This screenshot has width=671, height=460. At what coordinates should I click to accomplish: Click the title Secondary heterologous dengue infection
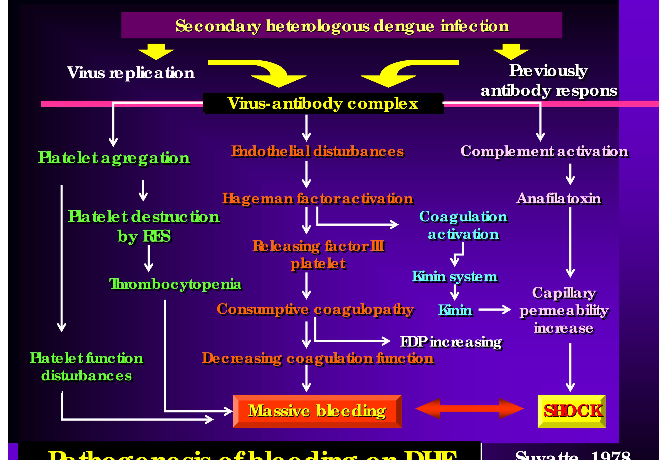pos(342,26)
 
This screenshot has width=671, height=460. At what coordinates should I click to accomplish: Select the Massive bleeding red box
pos(317,411)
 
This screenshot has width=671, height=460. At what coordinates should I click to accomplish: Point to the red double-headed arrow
pos(469,409)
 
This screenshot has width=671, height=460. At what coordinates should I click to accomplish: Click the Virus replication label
pos(131,73)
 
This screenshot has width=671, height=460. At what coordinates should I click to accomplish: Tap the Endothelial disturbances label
pos(317,151)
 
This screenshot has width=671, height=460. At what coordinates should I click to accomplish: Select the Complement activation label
pos(544,151)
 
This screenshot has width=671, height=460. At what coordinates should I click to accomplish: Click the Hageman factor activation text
pos(318,198)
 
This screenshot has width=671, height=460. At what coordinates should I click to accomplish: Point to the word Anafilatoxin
pos(559,198)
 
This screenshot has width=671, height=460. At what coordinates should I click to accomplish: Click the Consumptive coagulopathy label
pos(315,309)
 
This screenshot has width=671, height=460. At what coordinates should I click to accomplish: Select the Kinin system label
pos(455,277)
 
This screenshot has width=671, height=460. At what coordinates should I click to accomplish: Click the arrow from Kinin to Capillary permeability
pos(494,310)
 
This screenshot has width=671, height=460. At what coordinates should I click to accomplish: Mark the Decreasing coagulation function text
pos(318,358)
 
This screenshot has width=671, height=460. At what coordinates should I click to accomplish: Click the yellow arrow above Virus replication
pos(156,51)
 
